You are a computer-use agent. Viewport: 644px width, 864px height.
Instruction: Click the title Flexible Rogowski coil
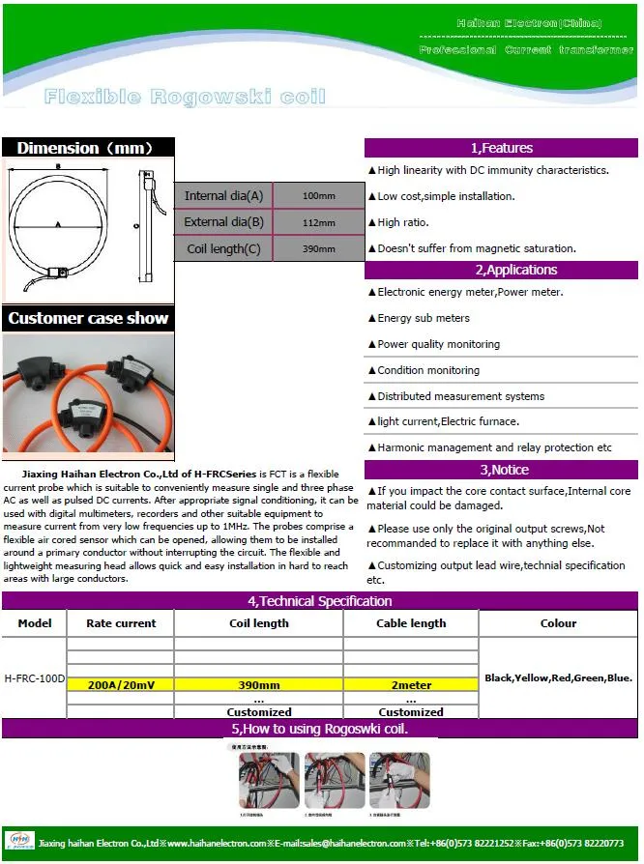click(x=185, y=97)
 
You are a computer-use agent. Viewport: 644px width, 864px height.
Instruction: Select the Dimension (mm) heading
click(x=86, y=148)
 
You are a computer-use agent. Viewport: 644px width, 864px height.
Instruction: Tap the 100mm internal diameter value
click(x=318, y=196)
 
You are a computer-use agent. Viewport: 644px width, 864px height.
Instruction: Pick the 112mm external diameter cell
click(x=318, y=222)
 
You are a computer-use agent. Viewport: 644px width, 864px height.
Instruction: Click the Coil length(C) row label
click(x=223, y=248)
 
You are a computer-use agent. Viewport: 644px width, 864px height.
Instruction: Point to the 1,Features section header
click(x=501, y=148)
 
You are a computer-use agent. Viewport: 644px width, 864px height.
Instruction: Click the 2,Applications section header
click(x=501, y=270)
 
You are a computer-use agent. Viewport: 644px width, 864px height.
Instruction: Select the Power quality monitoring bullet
click(x=438, y=344)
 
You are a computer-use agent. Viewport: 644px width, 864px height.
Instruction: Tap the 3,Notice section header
click(x=501, y=470)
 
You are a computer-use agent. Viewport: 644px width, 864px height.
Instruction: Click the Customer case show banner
click(x=88, y=318)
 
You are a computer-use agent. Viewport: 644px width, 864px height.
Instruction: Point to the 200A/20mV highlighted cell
click(x=121, y=684)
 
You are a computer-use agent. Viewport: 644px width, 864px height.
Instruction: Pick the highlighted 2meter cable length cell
click(x=410, y=684)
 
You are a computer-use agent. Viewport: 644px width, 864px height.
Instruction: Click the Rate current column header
click(x=121, y=623)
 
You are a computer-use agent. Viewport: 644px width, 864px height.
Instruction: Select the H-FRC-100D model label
click(x=34, y=678)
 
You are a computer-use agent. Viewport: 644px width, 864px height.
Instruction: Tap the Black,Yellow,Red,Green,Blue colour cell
click(x=558, y=678)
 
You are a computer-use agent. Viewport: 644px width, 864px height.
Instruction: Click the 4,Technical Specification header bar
click(x=319, y=601)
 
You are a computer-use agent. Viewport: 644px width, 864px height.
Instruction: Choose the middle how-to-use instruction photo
click(x=334, y=780)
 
